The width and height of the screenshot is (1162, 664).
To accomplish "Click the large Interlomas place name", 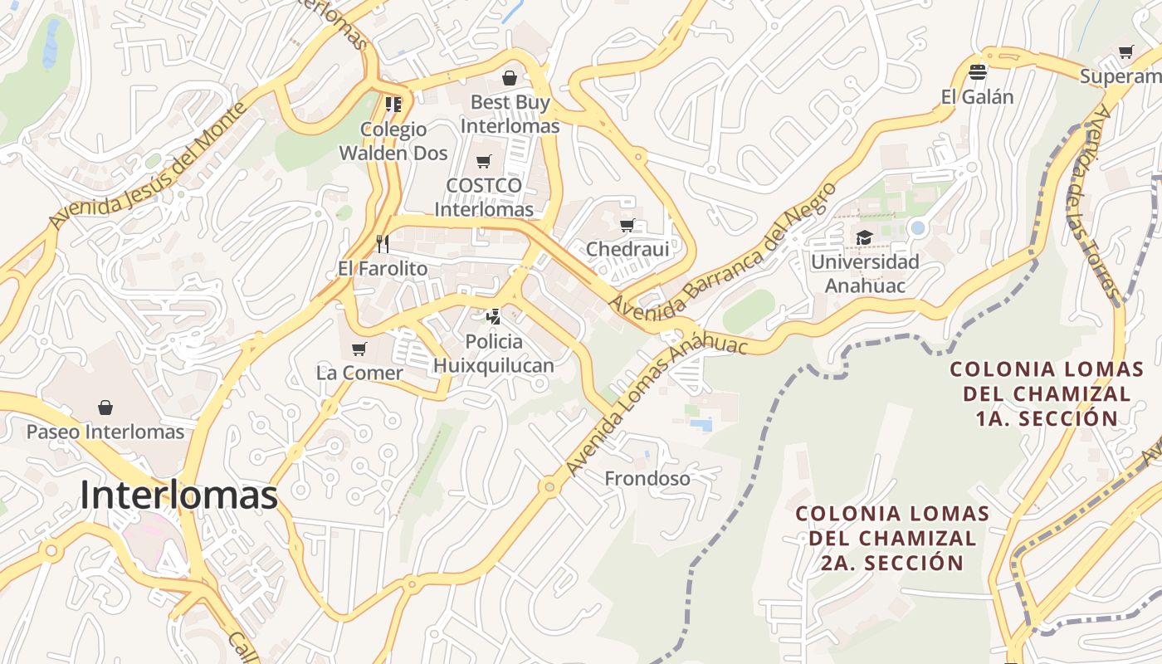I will (x=178, y=496).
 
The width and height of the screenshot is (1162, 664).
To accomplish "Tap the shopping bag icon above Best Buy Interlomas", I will (x=510, y=78).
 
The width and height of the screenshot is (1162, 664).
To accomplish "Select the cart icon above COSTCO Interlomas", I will (x=484, y=161).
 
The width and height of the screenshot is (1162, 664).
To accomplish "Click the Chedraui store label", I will (x=627, y=249).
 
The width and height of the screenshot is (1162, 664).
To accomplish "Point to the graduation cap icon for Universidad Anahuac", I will (x=864, y=238).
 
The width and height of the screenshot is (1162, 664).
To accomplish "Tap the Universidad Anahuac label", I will (x=865, y=274).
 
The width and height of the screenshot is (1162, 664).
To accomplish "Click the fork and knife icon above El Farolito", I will (x=383, y=243).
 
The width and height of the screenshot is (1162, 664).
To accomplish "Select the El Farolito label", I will (x=383, y=269).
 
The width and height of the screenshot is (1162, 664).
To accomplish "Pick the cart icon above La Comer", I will (x=359, y=349).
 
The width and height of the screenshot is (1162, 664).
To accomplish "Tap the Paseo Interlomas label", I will (x=105, y=432).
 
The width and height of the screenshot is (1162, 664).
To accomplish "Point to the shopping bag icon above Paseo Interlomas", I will (x=105, y=407).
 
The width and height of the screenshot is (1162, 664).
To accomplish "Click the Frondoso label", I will (x=647, y=479).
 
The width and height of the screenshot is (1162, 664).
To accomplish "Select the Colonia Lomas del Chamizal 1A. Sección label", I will (x=1047, y=393).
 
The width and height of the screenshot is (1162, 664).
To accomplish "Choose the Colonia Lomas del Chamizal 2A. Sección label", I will (x=892, y=538).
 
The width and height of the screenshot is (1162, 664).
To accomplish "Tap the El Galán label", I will (x=978, y=96).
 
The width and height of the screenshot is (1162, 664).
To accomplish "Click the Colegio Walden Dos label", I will (x=393, y=141).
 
